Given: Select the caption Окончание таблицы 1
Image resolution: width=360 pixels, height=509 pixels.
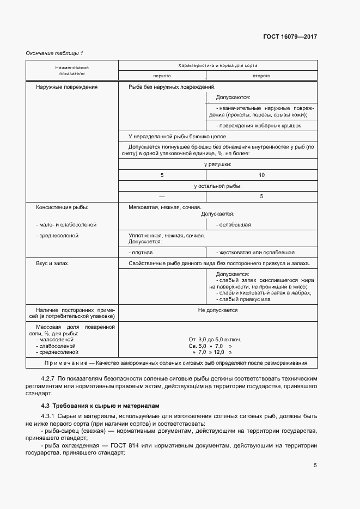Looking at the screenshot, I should point(54,53).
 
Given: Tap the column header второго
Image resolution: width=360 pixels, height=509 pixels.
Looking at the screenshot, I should point(261,76).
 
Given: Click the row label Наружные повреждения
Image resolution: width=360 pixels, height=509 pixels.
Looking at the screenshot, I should point(66,87).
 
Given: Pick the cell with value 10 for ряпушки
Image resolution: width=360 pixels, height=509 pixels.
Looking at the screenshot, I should point(261,175).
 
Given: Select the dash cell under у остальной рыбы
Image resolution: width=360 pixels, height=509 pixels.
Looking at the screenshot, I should point(162,196).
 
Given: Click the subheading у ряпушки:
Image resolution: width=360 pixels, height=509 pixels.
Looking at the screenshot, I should point(217,164).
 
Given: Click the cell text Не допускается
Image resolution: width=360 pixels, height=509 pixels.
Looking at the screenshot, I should point(217,310).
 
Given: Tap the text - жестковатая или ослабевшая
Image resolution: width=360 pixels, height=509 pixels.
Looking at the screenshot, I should point(255,253).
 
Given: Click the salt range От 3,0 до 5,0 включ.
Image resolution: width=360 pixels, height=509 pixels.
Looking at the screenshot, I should point(215,339).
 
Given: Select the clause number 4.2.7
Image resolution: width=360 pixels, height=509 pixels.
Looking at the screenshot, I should point(48,378).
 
